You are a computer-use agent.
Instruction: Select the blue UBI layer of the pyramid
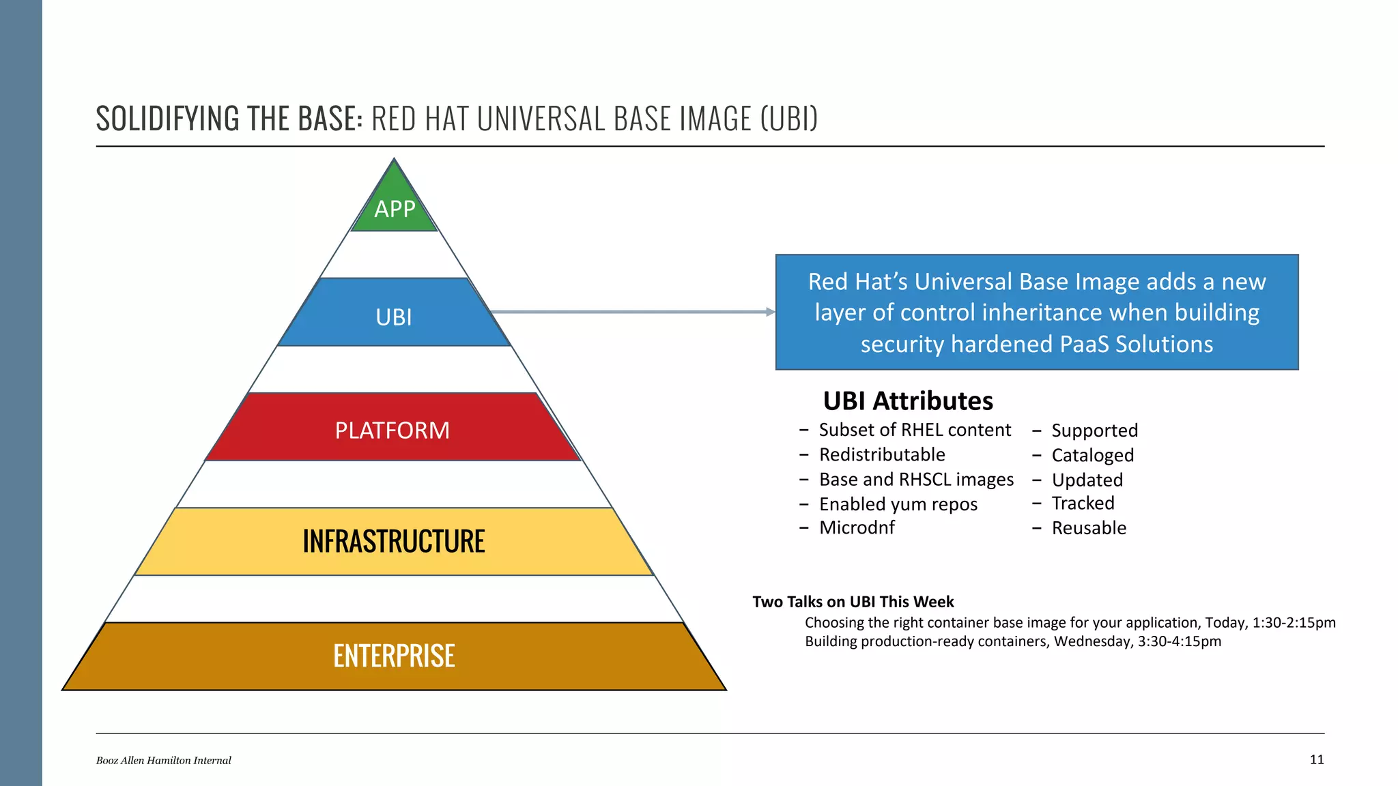coord(394,316)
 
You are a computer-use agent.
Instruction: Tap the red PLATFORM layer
coord(393,429)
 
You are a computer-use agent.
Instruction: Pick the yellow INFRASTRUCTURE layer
coord(394,541)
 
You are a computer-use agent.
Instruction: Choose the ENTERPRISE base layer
coord(394,656)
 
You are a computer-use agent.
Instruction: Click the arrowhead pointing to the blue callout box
coord(771,312)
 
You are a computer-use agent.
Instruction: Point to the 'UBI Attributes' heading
coord(908,401)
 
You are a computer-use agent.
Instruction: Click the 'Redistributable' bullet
coord(882,454)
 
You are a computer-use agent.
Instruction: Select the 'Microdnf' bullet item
coord(857,527)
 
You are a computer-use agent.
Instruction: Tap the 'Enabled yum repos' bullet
coord(898,504)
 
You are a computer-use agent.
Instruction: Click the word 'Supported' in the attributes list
coord(1094,431)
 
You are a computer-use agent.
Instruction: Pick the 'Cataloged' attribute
coord(1092,455)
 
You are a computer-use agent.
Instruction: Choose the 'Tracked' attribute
coord(1083,504)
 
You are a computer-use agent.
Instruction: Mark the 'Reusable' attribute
coord(1089,528)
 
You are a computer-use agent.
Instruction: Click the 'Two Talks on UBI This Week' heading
coord(853,602)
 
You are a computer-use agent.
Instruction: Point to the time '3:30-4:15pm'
coord(1179,641)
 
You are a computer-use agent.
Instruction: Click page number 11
coord(1317,759)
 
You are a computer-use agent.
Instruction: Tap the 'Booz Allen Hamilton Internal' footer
coord(163,760)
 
